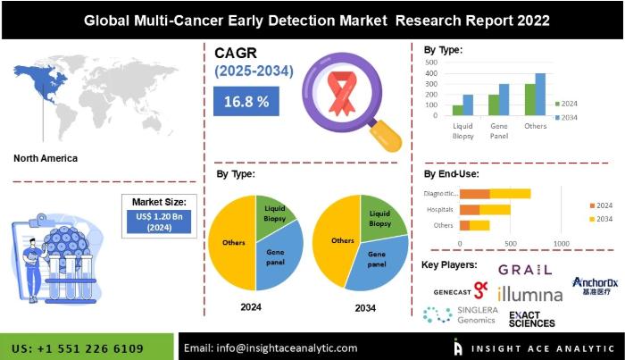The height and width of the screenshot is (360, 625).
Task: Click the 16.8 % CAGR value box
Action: (246, 102)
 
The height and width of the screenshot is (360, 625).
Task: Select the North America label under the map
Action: (46, 158)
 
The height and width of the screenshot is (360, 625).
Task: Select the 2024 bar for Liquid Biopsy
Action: (458, 110)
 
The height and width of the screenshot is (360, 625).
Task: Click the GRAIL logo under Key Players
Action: (524, 269)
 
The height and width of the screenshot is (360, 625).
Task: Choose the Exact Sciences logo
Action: (531, 318)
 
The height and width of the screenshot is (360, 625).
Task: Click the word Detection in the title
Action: (309, 18)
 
